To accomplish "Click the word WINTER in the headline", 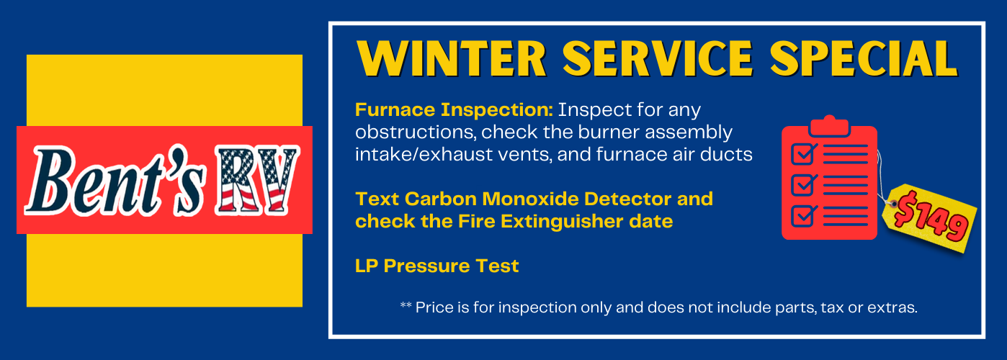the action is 452,58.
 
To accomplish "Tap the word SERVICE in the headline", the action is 658,58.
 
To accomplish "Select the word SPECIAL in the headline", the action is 864,58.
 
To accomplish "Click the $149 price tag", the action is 930,218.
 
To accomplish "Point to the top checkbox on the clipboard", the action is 803,154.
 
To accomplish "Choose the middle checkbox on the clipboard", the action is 803,185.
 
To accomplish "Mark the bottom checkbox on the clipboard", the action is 803,216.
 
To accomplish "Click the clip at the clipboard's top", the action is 829,126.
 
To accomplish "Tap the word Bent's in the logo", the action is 116,181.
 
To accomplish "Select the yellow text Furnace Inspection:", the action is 454,110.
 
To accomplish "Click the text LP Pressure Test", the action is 437,266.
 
